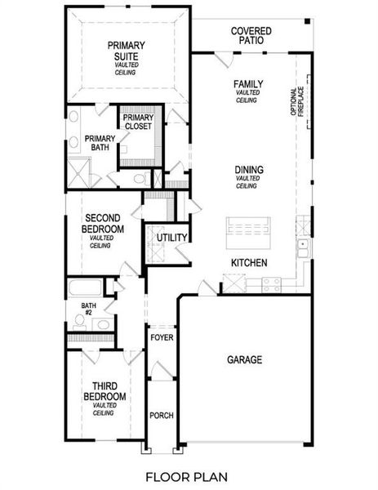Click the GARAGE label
click(244, 359)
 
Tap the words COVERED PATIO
click(251, 35)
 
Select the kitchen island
click(249, 229)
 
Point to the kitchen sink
click(302, 244)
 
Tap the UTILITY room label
click(172, 238)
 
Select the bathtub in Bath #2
click(84, 288)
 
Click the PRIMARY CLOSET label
click(138, 122)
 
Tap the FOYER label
click(161, 336)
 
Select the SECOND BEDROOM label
click(105, 225)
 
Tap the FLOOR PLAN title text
click(187, 476)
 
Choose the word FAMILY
click(247, 84)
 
